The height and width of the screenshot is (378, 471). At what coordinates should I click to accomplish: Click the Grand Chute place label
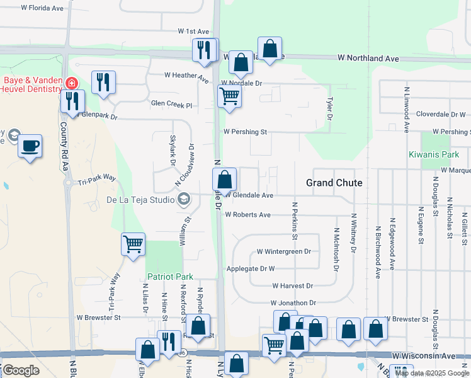pos(334,183)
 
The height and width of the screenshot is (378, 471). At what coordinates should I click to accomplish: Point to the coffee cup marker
pos(30,147)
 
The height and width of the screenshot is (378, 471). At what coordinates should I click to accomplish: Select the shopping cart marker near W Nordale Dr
pos(229,96)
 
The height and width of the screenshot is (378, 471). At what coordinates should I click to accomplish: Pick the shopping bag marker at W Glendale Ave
pos(225,180)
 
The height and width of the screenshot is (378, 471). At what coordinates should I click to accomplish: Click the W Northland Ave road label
pos(368,58)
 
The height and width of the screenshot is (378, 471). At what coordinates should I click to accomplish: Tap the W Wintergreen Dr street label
pos(283,251)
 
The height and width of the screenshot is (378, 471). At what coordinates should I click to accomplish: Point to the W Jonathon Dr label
pos(293,303)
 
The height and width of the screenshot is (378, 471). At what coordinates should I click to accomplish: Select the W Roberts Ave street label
pos(247,215)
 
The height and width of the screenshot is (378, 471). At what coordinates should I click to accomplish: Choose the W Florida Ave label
pos(42,9)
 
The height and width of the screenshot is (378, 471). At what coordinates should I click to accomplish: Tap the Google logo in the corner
pos(21,370)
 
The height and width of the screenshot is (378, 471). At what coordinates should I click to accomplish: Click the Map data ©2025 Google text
pos(431,373)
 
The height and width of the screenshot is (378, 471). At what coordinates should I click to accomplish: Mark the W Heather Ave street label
pos(186,77)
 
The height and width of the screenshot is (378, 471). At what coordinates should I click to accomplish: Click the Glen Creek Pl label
pos(171,103)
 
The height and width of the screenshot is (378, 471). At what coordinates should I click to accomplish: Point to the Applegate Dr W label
pos(251,268)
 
